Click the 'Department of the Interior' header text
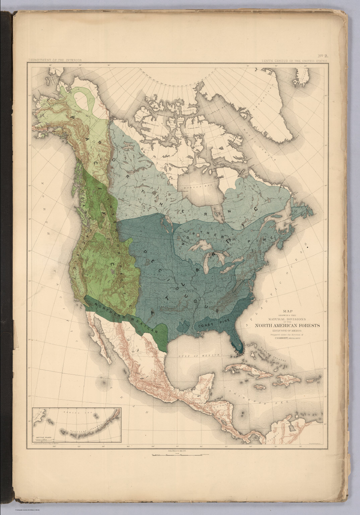[x=55, y=60]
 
